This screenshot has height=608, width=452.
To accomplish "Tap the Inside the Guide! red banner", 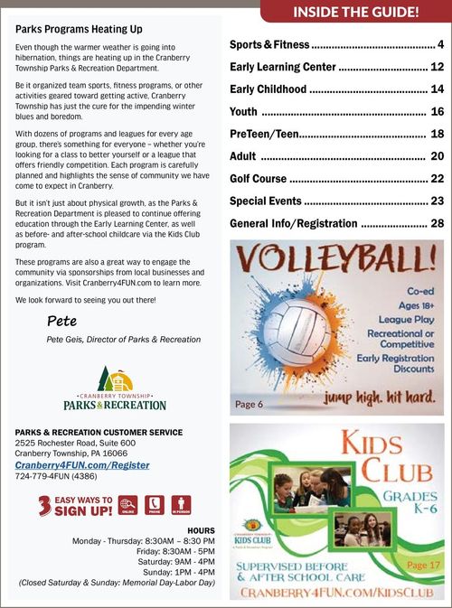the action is point(355,12).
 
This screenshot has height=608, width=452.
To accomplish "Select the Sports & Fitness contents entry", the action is point(268,44).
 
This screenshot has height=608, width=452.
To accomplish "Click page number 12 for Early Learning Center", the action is point(437,67).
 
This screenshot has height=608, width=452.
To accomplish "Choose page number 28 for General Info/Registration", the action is point(437,223).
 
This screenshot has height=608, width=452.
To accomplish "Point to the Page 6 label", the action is point(249,404).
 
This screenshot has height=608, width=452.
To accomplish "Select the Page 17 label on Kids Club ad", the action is point(423,565).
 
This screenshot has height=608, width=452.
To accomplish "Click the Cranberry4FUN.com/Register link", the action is point(82,465).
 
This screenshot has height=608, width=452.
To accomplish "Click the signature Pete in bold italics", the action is point(62,320).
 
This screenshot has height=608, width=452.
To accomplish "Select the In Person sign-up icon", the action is point(182,505).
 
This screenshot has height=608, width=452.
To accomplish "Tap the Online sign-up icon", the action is point(128,505).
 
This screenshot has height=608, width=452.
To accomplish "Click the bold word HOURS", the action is point(201,529).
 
